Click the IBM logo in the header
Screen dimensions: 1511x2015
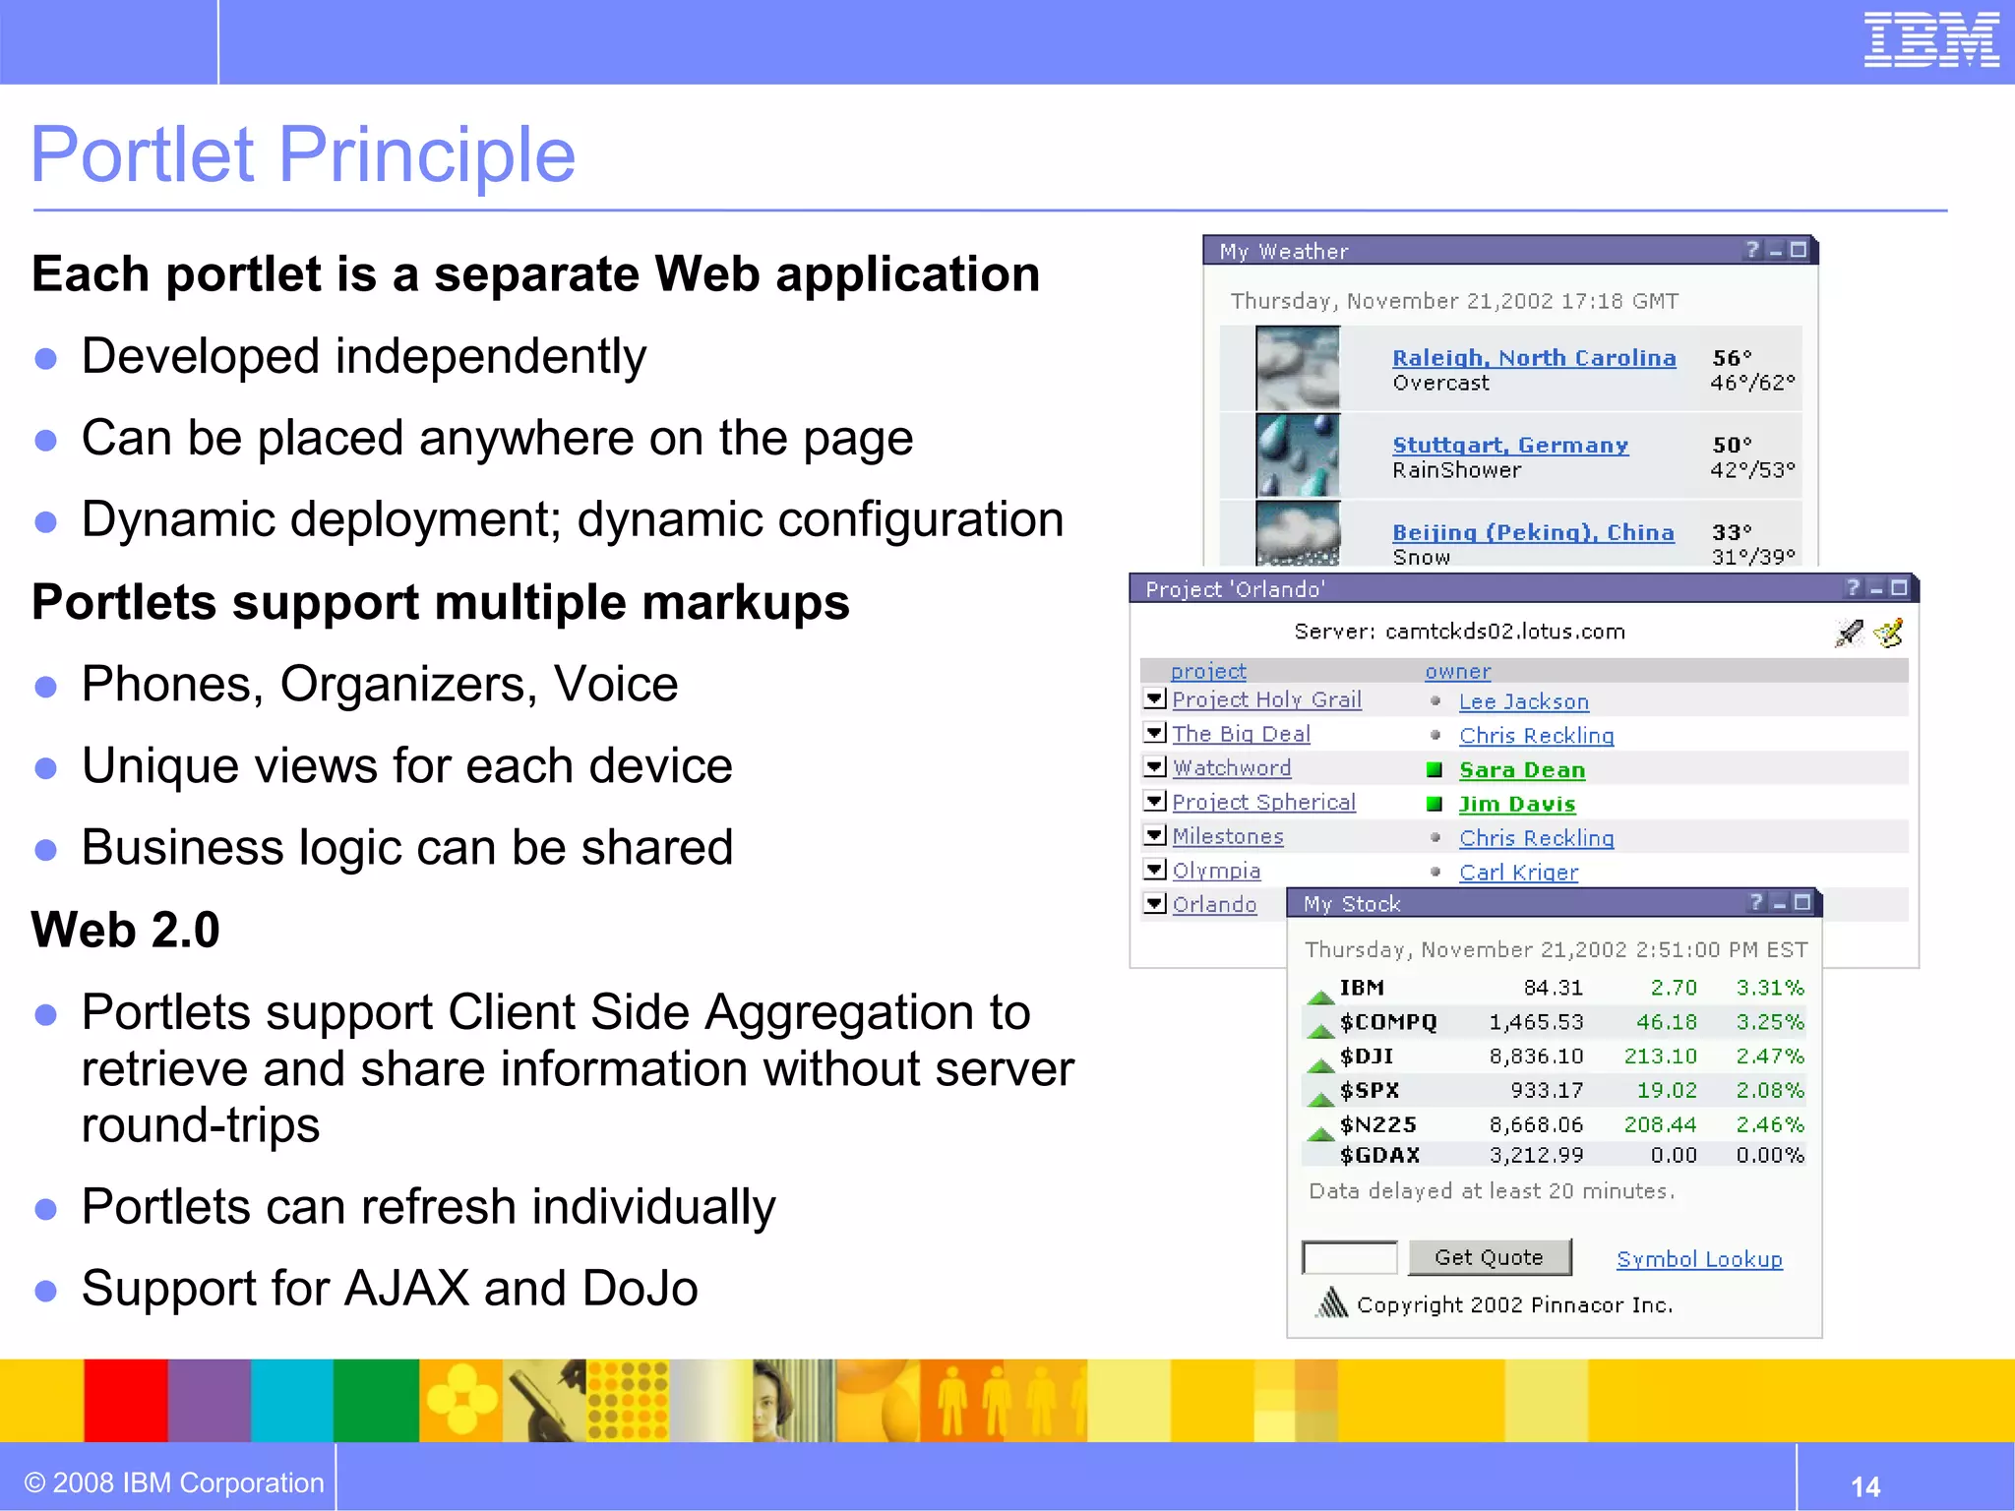(x=1930, y=40)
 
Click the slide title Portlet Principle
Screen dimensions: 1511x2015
(x=303, y=154)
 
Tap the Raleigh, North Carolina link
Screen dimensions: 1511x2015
(x=1533, y=358)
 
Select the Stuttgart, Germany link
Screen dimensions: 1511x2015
(x=1509, y=446)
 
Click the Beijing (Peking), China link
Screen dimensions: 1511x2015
(x=1532, y=532)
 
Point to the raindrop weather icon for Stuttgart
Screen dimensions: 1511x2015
(x=1298, y=455)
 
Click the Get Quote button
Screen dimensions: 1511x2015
(x=1489, y=1257)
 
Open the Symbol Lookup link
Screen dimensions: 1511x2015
(x=1698, y=1259)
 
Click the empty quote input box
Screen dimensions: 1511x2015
(x=1349, y=1257)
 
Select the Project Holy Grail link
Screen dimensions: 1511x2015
(x=1266, y=699)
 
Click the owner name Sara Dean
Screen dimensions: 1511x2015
(x=1521, y=770)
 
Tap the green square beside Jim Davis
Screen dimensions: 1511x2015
(x=1435, y=804)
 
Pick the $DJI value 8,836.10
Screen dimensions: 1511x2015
(x=1536, y=1057)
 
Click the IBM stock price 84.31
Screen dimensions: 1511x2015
(x=1553, y=988)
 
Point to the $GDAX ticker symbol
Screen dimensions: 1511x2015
(x=1379, y=1155)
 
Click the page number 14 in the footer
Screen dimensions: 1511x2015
(x=1864, y=1485)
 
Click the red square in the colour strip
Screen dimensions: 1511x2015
(x=125, y=1401)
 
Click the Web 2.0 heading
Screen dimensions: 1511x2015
(x=126, y=930)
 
